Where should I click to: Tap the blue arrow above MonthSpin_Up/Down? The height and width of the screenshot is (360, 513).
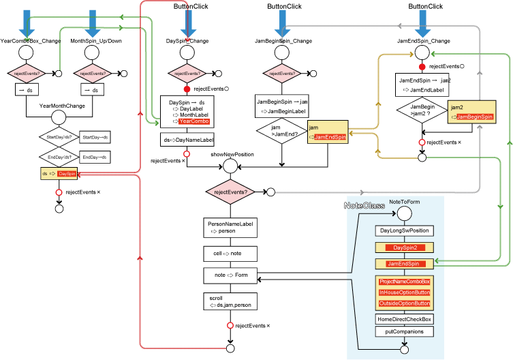pyautogui.click(x=94, y=22)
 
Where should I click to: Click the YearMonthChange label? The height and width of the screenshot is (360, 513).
pyautogui.click(x=62, y=106)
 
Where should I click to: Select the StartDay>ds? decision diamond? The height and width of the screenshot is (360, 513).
pyautogui.click(x=59, y=137)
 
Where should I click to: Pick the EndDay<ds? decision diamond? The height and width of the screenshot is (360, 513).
pyautogui.click(x=59, y=157)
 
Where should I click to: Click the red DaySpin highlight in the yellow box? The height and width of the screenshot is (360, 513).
pyautogui.click(x=67, y=175)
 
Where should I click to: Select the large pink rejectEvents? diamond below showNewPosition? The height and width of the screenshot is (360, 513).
pyautogui.click(x=230, y=192)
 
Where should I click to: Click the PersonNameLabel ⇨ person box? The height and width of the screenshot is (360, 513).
pyautogui.click(x=230, y=228)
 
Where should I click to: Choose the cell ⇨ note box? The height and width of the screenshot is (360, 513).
pyautogui.click(x=230, y=254)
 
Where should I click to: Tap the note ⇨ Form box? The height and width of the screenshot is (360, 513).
pyautogui.click(x=230, y=275)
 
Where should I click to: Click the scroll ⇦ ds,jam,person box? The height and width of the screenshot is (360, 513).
pyautogui.click(x=230, y=301)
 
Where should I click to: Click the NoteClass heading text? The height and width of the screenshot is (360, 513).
pyautogui.click(x=364, y=205)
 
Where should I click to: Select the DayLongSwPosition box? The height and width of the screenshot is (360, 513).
pyautogui.click(x=404, y=230)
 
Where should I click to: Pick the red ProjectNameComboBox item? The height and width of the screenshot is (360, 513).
pyautogui.click(x=404, y=282)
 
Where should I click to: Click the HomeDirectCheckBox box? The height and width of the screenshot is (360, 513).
pyautogui.click(x=404, y=318)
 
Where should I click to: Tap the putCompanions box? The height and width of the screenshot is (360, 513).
pyautogui.click(x=404, y=331)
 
